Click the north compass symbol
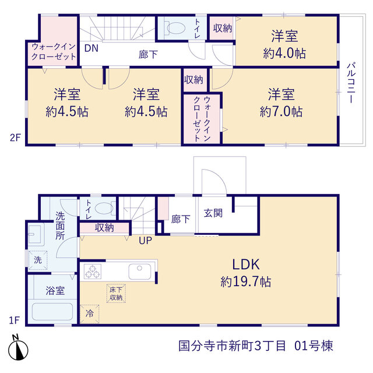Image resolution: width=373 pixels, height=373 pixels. pyautogui.click(x=18, y=348)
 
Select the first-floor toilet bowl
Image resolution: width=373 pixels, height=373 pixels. pyautogui.click(x=105, y=209)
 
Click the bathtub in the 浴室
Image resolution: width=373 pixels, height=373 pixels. pyautogui.click(x=52, y=312)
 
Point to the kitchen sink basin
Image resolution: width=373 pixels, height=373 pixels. pyautogui.click(x=140, y=272)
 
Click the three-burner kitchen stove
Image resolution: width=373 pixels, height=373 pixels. pyautogui.click(x=93, y=272)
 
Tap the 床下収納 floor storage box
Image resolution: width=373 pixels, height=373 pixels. pyautogui.click(x=116, y=294)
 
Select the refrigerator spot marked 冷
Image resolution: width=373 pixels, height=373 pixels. pyautogui.click(x=89, y=314)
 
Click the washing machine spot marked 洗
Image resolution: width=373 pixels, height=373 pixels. pyautogui.click(x=37, y=260)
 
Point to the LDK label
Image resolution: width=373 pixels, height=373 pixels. pyautogui.click(x=246, y=264)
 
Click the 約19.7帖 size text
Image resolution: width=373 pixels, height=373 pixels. pyautogui.click(x=246, y=281)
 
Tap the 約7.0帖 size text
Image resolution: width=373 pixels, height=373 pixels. pyautogui.click(x=281, y=111)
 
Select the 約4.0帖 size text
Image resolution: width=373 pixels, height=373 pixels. pyautogui.click(x=284, y=53)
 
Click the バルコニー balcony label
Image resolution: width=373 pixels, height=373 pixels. pyautogui.click(x=351, y=83)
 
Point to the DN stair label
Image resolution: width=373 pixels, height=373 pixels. pyautogui.click(x=92, y=48)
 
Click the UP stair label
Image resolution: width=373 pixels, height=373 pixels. pyautogui.click(x=145, y=241)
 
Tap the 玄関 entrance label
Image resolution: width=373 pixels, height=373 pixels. pyautogui.click(x=213, y=213)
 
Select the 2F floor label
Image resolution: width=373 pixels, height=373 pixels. pyautogui.click(x=15, y=138)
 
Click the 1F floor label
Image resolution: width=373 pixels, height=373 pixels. pyautogui.click(x=14, y=320)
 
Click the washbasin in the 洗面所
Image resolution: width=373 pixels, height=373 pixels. pyautogui.click(x=35, y=234)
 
